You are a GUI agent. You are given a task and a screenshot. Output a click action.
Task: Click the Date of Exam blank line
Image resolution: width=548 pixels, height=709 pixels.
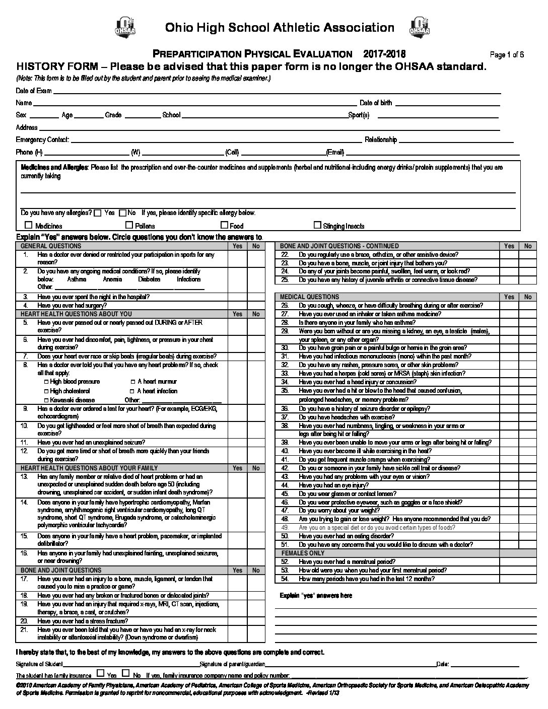pyautogui.click(x=277, y=92)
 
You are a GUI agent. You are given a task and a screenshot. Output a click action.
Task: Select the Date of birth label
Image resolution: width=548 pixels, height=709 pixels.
pyautogui.click(x=376, y=103)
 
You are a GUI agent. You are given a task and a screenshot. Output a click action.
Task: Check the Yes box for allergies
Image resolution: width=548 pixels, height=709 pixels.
pyautogui.click(x=98, y=212)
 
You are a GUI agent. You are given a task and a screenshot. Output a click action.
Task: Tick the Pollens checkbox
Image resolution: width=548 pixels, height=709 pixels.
pyautogui.click(x=129, y=226)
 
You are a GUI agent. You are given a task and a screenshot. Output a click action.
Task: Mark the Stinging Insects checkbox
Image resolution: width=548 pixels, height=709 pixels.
pyautogui.click(x=318, y=226)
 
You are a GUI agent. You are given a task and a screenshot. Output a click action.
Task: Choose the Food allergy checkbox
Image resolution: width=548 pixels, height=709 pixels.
pyautogui.click(x=225, y=226)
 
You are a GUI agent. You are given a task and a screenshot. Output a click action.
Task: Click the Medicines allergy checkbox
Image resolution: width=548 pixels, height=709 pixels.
pyautogui.click(x=29, y=226)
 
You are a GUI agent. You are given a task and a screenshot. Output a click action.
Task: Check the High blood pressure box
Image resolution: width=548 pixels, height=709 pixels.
pyautogui.click(x=47, y=382)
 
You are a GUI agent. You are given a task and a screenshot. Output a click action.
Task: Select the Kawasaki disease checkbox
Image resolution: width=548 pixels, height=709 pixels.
pyautogui.click(x=47, y=400)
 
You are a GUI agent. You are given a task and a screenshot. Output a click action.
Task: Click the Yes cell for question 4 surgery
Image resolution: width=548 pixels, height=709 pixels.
pyautogui.click(x=237, y=305)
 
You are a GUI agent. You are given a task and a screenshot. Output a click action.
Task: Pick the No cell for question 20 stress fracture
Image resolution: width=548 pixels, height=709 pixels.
pyautogui.click(x=256, y=621)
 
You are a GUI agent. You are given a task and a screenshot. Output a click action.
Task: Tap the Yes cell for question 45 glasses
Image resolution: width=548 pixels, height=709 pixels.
pyautogui.click(x=509, y=493)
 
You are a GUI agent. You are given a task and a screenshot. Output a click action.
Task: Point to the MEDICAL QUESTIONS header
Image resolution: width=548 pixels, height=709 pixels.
pyautogui.click(x=310, y=297)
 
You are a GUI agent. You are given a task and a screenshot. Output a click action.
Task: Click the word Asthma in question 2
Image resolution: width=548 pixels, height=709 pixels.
pyautogui.click(x=76, y=279)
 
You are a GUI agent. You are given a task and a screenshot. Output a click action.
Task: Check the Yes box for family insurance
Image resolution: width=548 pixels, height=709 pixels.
pyautogui.click(x=101, y=673)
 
